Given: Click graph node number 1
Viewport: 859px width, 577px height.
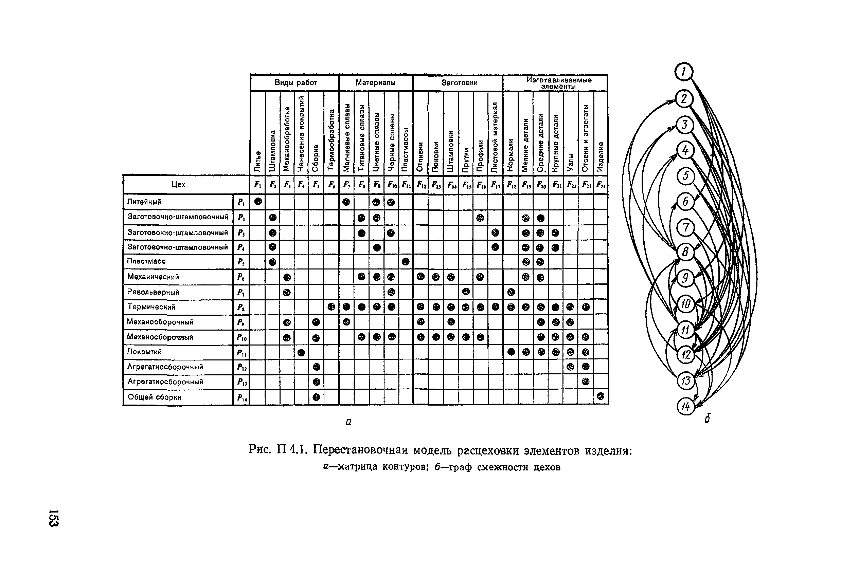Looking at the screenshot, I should pyautogui.click(x=684, y=72).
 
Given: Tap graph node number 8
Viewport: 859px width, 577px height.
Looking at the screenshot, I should pyautogui.click(x=685, y=252).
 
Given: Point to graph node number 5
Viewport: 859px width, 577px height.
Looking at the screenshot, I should pyautogui.click(x=685, y=176).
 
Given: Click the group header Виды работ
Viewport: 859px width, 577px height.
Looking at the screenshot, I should pyautogui.click(x=295, y=83).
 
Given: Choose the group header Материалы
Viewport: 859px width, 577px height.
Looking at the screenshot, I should pyautogui.click(x=375, y=83).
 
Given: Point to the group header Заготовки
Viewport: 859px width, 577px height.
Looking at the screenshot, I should pyautogui.click(x=459, y=83).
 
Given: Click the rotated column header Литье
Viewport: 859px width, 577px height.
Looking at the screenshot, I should pyautogui.click(x=258, y=161).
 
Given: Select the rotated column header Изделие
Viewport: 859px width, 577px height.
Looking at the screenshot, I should pyautogui.click(x=601, y=157).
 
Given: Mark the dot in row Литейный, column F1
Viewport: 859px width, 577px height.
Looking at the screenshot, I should pyautogui.click(x=258, y=201).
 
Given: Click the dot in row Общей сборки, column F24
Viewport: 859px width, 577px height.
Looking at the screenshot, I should pyautogui.click(x=601, y=396).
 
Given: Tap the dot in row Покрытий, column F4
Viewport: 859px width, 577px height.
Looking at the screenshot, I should pyautogui.click(x=301, y=353).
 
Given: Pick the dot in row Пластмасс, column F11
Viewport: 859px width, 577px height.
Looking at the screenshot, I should pyautogui.click(x=405, y=262).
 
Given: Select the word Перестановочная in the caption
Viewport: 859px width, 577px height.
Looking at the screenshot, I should pyautogui.click(x=360, y=450).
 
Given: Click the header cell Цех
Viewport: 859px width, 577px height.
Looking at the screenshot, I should pyautogui.click(x=178, y=185).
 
